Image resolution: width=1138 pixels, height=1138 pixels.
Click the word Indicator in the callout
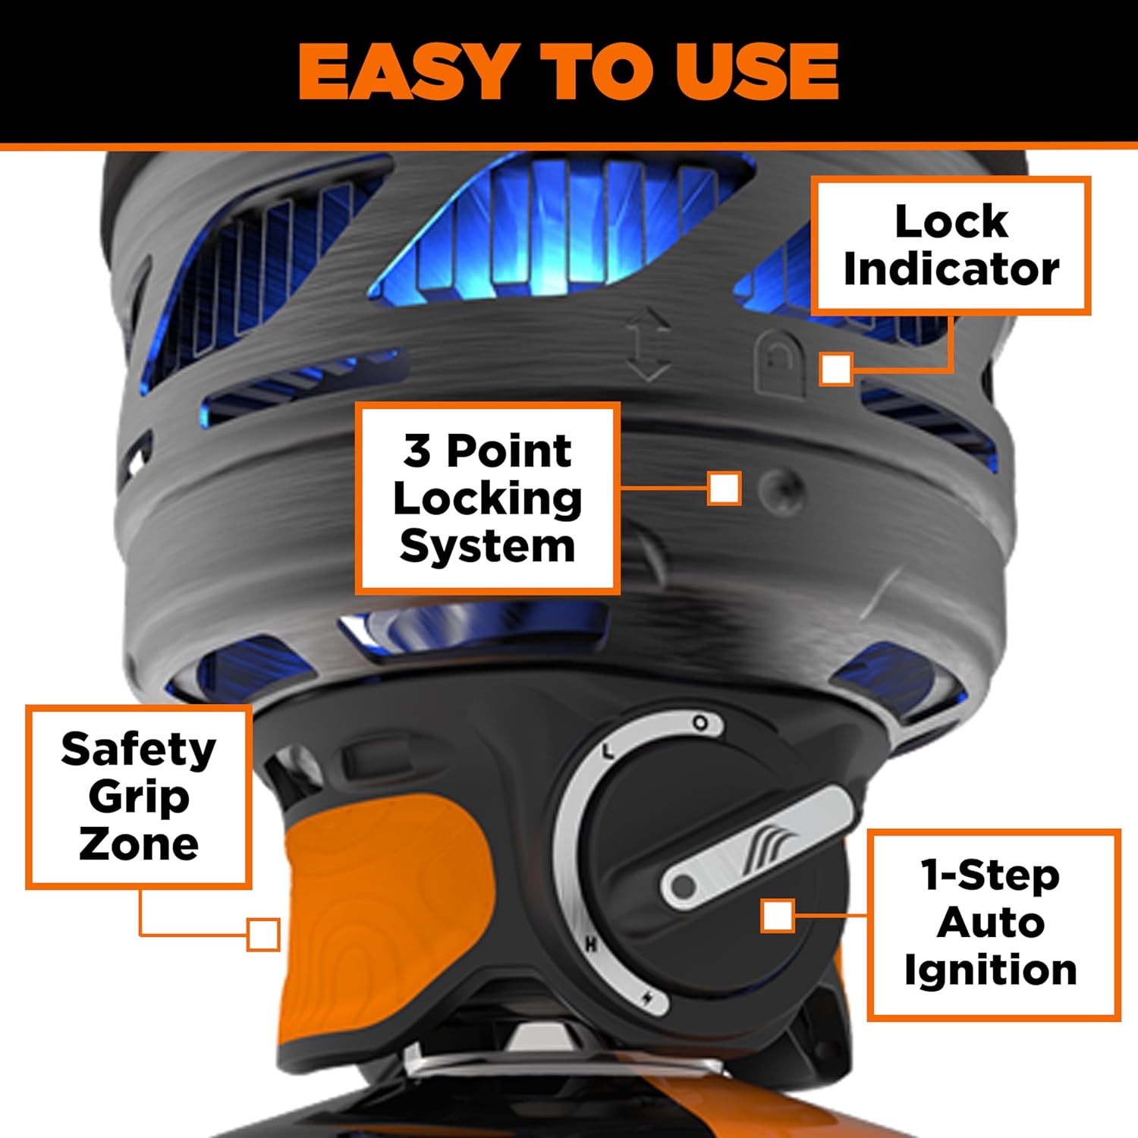[x=951, y=269]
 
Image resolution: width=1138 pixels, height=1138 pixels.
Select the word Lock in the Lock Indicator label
[x=951, y=222]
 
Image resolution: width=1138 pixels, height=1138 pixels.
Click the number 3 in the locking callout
[x=417, y=451]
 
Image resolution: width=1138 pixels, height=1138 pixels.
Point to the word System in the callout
[x=487, y=546]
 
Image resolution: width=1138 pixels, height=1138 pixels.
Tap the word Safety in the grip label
[x=139, y=750]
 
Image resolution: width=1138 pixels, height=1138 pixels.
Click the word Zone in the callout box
[x=139, y=844]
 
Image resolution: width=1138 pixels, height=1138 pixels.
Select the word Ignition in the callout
[x=990, y=970]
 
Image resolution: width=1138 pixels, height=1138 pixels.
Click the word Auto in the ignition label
[x=990, y=923]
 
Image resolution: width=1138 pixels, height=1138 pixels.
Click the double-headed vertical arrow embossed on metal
[x=647, y=344]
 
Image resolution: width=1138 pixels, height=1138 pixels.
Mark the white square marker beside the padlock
[x=836, y=369]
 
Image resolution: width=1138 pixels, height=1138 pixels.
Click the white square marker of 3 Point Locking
[x=724, y=488]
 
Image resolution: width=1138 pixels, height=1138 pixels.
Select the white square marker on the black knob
[x=778, y=916]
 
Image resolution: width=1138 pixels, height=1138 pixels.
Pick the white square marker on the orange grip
[x=263, y=934]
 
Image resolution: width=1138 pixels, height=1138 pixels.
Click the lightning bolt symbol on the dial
[x=647, y=998]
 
